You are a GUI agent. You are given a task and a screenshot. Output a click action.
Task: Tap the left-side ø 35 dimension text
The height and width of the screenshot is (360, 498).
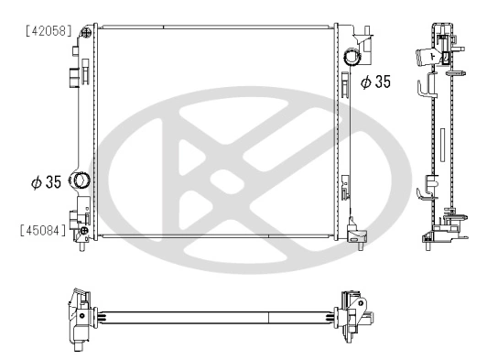pyautogui.click(x=46, y=182)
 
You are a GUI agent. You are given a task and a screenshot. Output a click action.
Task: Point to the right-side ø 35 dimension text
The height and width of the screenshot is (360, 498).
pyautogui.click(x=375, y=82)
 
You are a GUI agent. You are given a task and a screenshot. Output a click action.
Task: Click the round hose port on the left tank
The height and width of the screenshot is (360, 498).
pyautogui.click(x=80, y=181)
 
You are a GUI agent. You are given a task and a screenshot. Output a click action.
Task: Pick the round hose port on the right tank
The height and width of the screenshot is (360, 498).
pyautogui.click(x=352, y=59)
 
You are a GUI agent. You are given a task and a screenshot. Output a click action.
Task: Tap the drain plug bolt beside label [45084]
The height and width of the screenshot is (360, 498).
pyautogui.click(x=83, y=230)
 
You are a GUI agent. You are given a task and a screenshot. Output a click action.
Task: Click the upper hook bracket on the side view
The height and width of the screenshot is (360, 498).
pyautogui.click(x=424, y=88)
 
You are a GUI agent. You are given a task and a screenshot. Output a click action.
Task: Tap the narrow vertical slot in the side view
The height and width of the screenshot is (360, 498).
pyautogui.click(x=440, y=145)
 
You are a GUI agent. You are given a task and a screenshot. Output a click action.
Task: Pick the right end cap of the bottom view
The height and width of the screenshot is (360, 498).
pyautogui.click(x=355, y=317)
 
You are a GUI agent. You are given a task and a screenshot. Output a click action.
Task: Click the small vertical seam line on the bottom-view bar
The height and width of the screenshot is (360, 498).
pyautogui.click(x=267, y=317)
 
